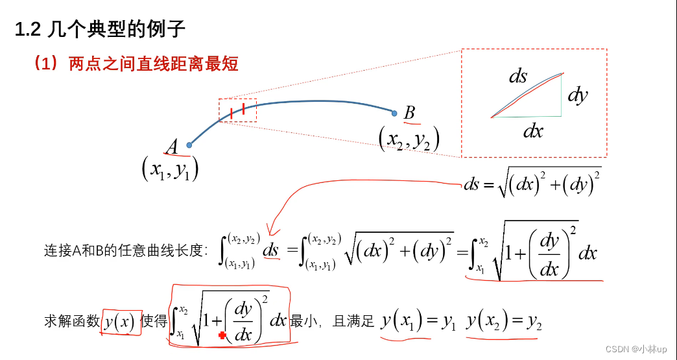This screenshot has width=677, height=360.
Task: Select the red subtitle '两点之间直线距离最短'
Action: point(153,64)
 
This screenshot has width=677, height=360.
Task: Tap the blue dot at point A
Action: point(189,145)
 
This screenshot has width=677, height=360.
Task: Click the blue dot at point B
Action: point(394,113)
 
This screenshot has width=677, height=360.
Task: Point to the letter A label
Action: point(172,148)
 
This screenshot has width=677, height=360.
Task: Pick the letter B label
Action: point(410,113)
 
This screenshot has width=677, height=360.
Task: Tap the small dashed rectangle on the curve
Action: point(237,110)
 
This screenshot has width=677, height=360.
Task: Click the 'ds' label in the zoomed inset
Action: point(518,77)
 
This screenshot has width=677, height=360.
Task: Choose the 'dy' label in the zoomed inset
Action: point(576,96)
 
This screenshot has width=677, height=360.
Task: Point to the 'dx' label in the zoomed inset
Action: point(533,132)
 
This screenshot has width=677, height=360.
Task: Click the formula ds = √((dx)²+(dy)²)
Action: point(532,184)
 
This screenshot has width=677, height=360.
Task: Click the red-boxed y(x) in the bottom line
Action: point(121,321)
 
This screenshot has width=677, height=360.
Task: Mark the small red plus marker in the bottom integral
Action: point(222,335)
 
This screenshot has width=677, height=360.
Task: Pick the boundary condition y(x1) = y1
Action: point(419,320)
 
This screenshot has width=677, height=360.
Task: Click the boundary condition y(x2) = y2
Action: point(503,320)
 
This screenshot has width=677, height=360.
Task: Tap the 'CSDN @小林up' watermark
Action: point(635,349)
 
